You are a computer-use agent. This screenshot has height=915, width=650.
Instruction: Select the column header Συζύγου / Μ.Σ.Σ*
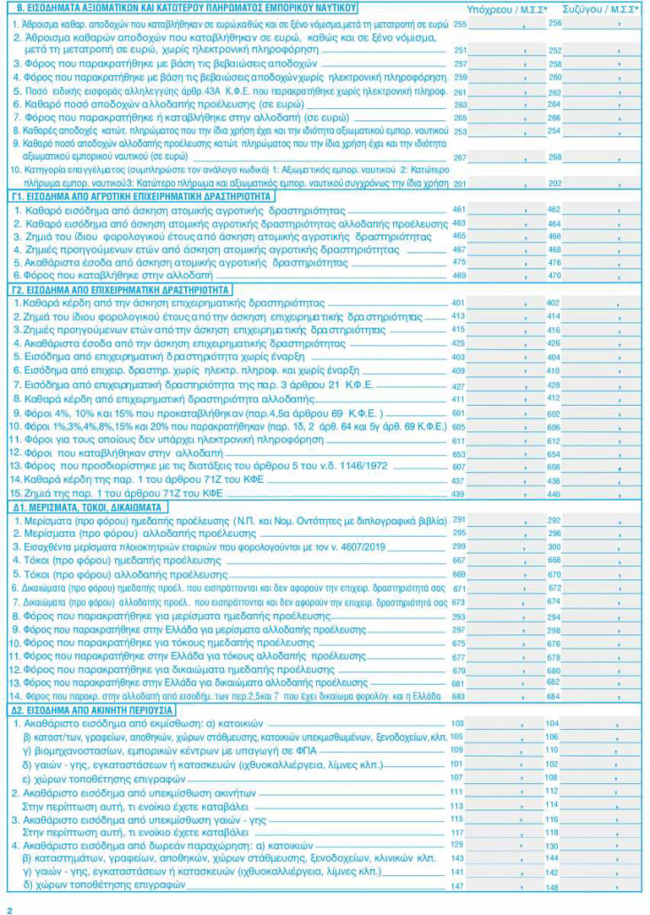pyautogui.click(x=588, y=8)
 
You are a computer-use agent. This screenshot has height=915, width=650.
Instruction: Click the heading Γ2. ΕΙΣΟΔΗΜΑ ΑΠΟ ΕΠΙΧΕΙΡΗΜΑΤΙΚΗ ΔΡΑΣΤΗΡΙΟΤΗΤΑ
pyautogui.click(x=120, y=289)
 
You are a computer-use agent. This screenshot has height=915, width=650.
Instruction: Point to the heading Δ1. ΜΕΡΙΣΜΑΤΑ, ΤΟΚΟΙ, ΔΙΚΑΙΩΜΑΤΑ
pyautogui.click(x=86, y=508)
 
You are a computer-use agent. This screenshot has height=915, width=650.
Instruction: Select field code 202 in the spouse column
pyautogui.click(x=555, y=183)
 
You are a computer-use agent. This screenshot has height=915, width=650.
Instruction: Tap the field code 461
pyautogui.click(x=459, y=209)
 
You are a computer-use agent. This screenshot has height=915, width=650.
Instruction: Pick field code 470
pyautogui.click(x=555, y=275)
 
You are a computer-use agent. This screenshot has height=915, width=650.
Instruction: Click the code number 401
pyautogui.click(x=459, y=303)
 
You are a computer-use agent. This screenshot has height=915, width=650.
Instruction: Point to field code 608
pyautogui.click(x=555, y=467)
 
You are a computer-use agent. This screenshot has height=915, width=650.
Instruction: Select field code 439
pyautogui.click(x=459, y=493)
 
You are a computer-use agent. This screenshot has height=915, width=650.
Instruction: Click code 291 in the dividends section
pyautogui.click(x=459, y=520)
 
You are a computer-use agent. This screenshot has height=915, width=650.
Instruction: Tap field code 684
pyautogui.click(x=555, y=697)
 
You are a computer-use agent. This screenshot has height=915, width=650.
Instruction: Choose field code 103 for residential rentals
pyautogui.click(x=458, y=724)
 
